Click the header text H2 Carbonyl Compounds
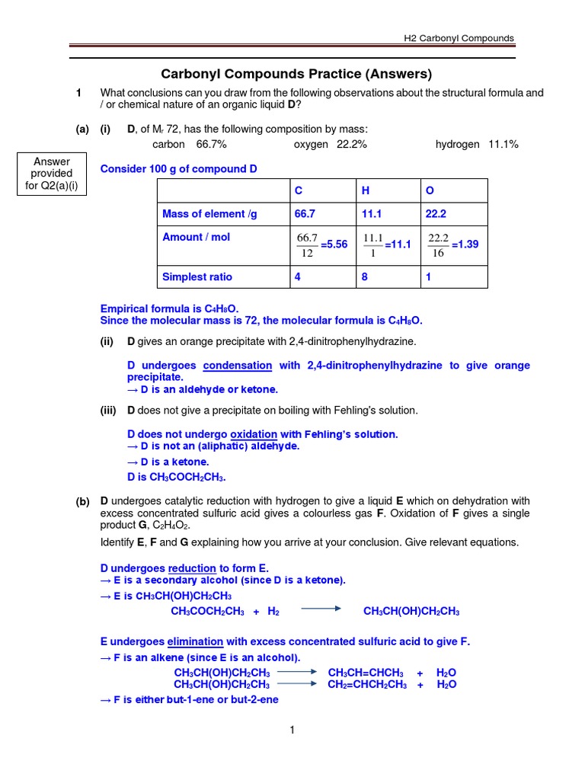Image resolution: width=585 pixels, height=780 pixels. [x=459, y=38]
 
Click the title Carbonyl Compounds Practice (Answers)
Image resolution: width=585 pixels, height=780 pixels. [x=296, y=74]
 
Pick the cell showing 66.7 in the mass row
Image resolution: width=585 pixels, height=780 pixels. [x=305, y=215]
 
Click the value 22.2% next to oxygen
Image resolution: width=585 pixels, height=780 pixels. [x=352, y=144]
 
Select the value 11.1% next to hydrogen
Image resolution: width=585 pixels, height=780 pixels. [x=503, y=144]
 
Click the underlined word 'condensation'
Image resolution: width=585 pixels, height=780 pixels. [x=238, y=366]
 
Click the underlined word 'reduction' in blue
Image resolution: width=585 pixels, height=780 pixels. [x=192, y=568]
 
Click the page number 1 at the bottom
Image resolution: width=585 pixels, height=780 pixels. [x=292, y=730]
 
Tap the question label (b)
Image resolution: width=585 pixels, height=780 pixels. [x=82, y=501]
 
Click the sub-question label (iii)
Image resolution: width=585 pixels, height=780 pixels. [x=108, y=411]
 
